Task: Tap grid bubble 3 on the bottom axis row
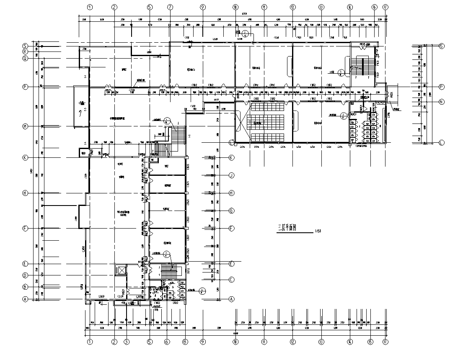click(127, 342)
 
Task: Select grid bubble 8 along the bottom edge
click(185, 342)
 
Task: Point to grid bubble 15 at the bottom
click(370, 342)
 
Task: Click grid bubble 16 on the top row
click(374, 7)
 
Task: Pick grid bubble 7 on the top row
click(170, 7)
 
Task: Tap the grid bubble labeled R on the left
click(25, 51)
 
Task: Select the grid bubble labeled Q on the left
click(25, 59)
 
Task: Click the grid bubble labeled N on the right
click(441, 102)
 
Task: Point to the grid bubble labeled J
click(231, 175)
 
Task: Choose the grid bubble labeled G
click(231, 211)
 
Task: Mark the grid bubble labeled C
click(231, 279)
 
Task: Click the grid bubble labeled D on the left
click(25, 275)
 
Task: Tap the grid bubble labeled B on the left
click(25, 287)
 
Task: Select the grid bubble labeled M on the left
click(25, 127)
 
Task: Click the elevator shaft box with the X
click(121, 270)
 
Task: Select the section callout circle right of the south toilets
click(202, 291)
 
